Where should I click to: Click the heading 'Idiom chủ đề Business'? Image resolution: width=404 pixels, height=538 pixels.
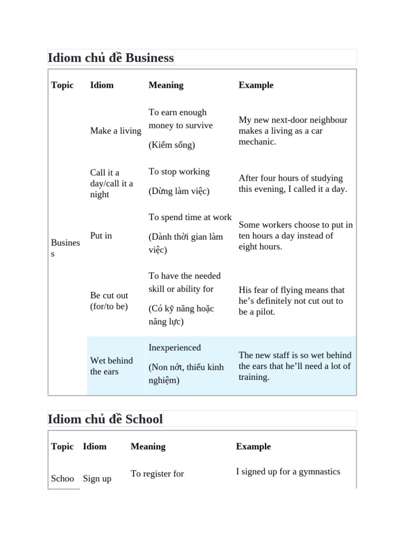(110, 58)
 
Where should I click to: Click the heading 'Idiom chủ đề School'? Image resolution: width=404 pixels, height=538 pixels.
(105, 419)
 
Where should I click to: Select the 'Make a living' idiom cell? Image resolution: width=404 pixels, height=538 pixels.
(116, 131)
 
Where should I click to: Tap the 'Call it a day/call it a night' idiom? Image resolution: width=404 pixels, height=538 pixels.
(112, 183)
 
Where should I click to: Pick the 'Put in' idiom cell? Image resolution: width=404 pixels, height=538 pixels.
(101, 235)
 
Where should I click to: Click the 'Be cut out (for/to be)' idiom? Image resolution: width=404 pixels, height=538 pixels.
(109, 301)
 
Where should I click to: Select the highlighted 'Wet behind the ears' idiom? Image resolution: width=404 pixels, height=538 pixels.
(112, 366)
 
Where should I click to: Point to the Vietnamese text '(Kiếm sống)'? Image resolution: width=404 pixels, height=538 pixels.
(171, 145)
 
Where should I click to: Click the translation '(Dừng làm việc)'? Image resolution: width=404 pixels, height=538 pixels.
(179, 191)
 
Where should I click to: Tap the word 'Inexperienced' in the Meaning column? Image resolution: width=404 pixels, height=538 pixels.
(175, 347)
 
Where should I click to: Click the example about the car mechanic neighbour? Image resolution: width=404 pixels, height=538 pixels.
(292, 131)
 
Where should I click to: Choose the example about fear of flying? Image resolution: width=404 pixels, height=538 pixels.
(291, 301)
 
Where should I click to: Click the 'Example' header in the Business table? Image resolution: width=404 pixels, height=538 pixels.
(256, 85)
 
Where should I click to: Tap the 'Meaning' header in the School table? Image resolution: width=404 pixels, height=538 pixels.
(148, 447)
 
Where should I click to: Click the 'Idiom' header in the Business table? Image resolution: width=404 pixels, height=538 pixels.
(102, 85)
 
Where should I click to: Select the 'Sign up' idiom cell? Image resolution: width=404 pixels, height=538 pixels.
(97, 479)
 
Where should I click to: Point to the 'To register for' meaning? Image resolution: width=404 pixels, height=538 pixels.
(157, 474)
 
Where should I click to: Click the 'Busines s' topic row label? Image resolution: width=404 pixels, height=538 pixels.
(65, 248)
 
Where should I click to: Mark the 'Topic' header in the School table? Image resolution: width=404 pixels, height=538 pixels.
(62, 447)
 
